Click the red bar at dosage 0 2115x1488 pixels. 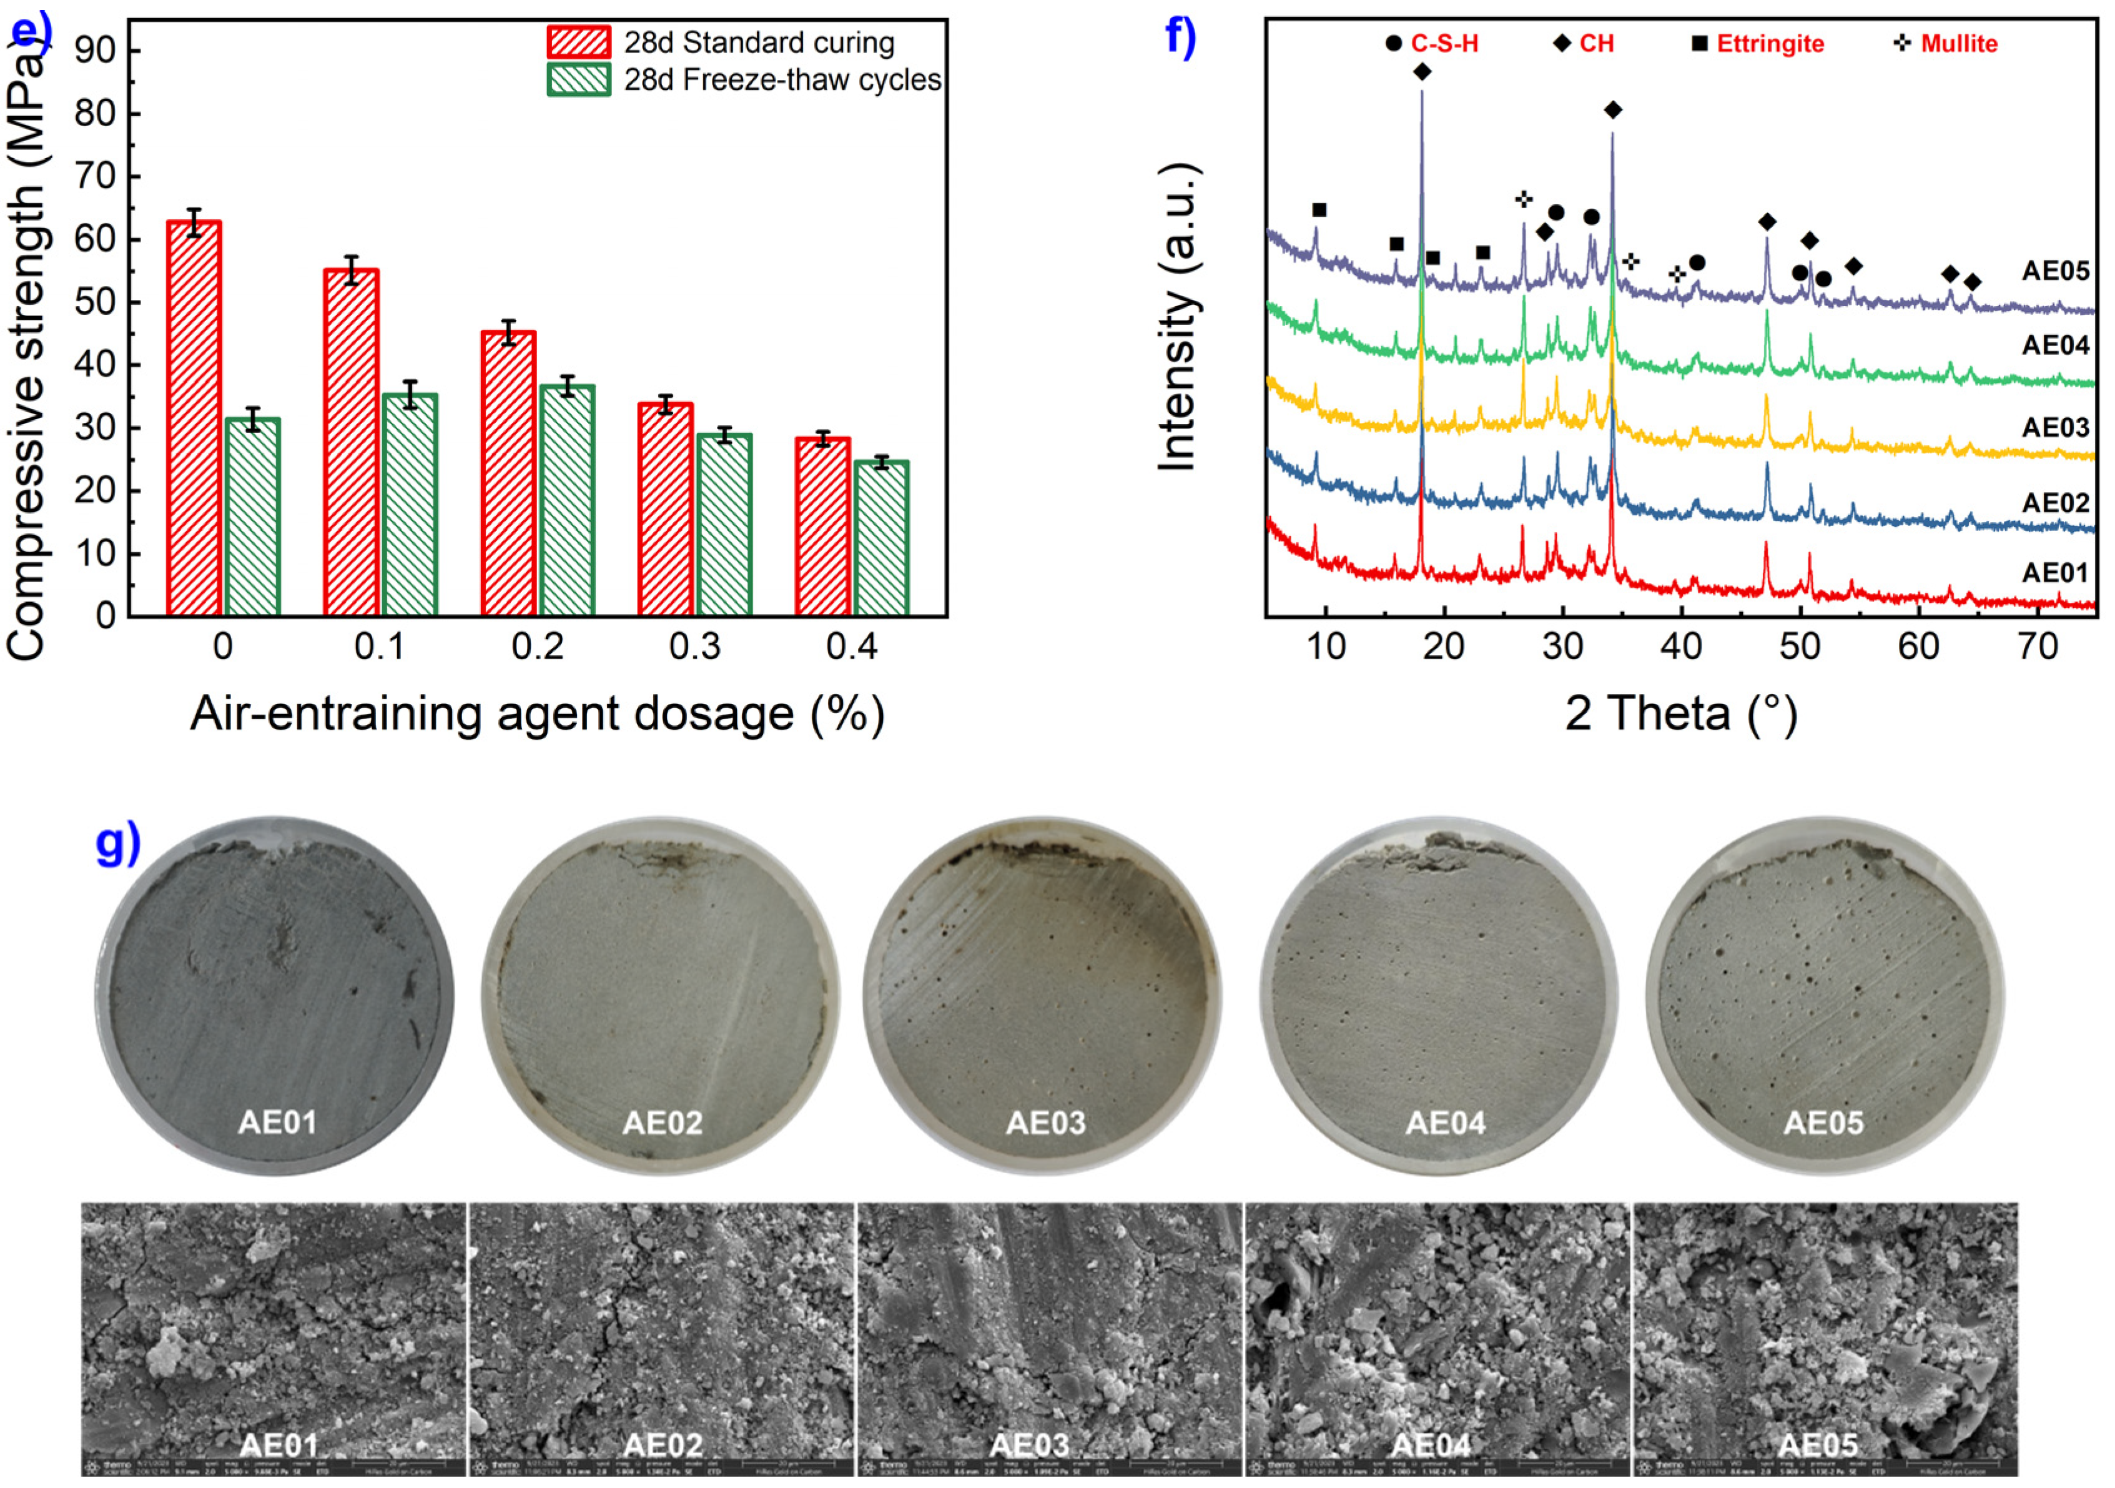click(194, 419)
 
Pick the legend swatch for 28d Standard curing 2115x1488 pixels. click(578, 42)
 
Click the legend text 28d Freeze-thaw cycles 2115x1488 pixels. click(782, 80)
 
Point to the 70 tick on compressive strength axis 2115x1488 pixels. click(96, 176)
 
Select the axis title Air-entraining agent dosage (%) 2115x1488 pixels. click(537, 714)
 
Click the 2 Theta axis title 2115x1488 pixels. click(1680, 714)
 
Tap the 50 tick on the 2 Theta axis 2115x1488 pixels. click(1799, 647)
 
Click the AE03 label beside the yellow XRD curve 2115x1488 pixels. click(2054, 427)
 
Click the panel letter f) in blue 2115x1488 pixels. click(1180, 37)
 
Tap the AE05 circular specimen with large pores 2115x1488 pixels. click(1824, 995)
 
